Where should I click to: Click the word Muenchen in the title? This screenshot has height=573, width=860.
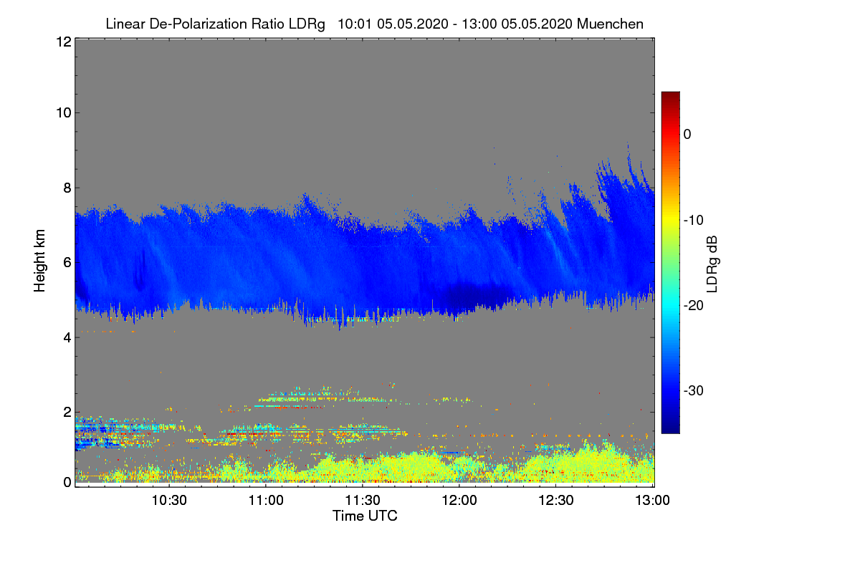(610, 24)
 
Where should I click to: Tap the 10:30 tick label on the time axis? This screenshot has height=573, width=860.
(170, 500)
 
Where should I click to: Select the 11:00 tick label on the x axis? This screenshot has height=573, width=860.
(267, 500)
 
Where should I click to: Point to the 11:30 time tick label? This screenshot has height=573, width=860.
(363, 500)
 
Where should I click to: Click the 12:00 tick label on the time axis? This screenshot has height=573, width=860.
(460, 500)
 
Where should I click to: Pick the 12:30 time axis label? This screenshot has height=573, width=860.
(557, 500)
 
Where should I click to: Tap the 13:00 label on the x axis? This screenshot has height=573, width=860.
(652, 500)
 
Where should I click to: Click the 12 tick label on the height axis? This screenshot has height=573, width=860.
(62, 42)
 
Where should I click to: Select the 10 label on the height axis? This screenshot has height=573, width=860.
(62, 112)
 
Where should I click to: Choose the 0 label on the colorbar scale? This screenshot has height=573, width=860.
(687, 134)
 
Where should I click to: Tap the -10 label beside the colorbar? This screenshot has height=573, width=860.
(692, 220)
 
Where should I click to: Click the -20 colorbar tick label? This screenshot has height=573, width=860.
(692, 305)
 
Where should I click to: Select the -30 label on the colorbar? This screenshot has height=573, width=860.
(692, 391)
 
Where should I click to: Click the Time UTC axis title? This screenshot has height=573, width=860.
(365, 516)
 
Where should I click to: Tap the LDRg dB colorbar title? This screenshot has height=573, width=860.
(712, 263)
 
